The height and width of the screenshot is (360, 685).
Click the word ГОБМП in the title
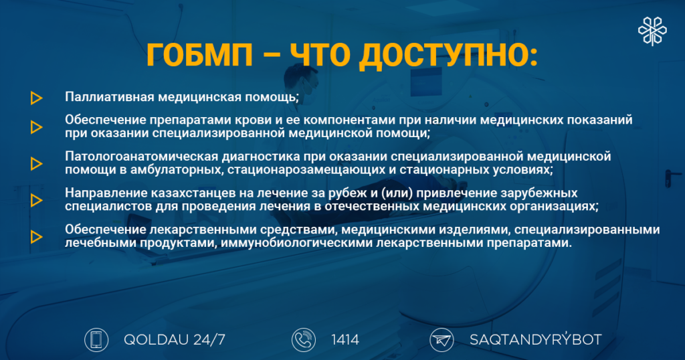point(199,56)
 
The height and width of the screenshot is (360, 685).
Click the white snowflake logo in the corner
point(652,31)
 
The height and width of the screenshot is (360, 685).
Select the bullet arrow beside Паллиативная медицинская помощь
point(37,98)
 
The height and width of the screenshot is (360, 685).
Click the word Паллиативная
point(110,96)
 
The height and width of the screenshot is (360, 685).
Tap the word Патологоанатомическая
point(142,156)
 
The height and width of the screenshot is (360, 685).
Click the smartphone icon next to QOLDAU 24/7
point(96,340)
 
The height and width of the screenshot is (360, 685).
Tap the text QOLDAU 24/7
point(175,339)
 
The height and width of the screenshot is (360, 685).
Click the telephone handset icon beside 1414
point(304,340)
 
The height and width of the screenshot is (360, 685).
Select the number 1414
point(345,339)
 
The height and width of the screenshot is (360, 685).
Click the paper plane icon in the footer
point(442,340)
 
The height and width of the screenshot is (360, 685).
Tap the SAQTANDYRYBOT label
point(536,339)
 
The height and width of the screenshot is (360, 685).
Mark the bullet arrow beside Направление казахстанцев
point(37,200)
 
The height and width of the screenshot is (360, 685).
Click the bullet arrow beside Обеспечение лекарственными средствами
point(37,237)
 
